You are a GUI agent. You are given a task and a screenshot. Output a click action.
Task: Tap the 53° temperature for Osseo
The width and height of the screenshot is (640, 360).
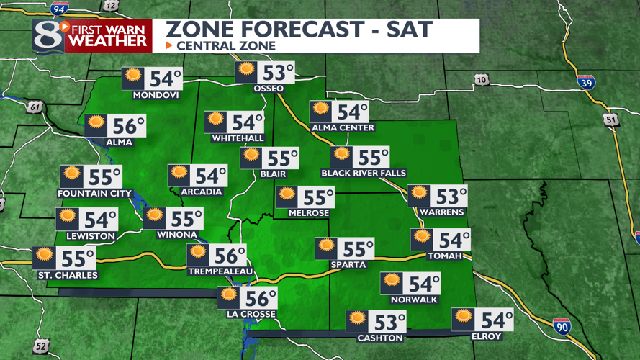point(278,73)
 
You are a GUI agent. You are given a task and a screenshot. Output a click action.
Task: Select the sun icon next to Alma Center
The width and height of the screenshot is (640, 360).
point(320,111)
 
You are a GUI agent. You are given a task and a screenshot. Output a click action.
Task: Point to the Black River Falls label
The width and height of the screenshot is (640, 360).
point(364,174)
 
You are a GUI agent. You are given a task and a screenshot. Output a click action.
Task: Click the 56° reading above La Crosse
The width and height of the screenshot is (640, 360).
point(261,297)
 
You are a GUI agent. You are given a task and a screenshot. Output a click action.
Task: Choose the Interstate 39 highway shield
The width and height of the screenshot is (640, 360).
point(586,82)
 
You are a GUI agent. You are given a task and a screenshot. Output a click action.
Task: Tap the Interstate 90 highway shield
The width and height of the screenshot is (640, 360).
point(562,326)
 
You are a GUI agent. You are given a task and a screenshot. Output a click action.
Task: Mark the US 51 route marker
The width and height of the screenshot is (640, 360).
point(612,120)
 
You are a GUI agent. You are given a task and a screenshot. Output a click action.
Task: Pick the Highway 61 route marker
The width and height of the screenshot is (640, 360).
point(35,108)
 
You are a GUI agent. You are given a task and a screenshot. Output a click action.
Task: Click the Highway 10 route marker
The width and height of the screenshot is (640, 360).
point(482,79)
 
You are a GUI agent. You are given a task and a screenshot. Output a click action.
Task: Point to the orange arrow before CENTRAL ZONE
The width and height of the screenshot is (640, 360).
point(169,45)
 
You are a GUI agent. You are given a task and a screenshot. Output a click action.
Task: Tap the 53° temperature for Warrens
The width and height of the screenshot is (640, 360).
point(451,196)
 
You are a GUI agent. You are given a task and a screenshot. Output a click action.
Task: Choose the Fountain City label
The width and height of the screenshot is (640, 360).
point(95,193)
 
